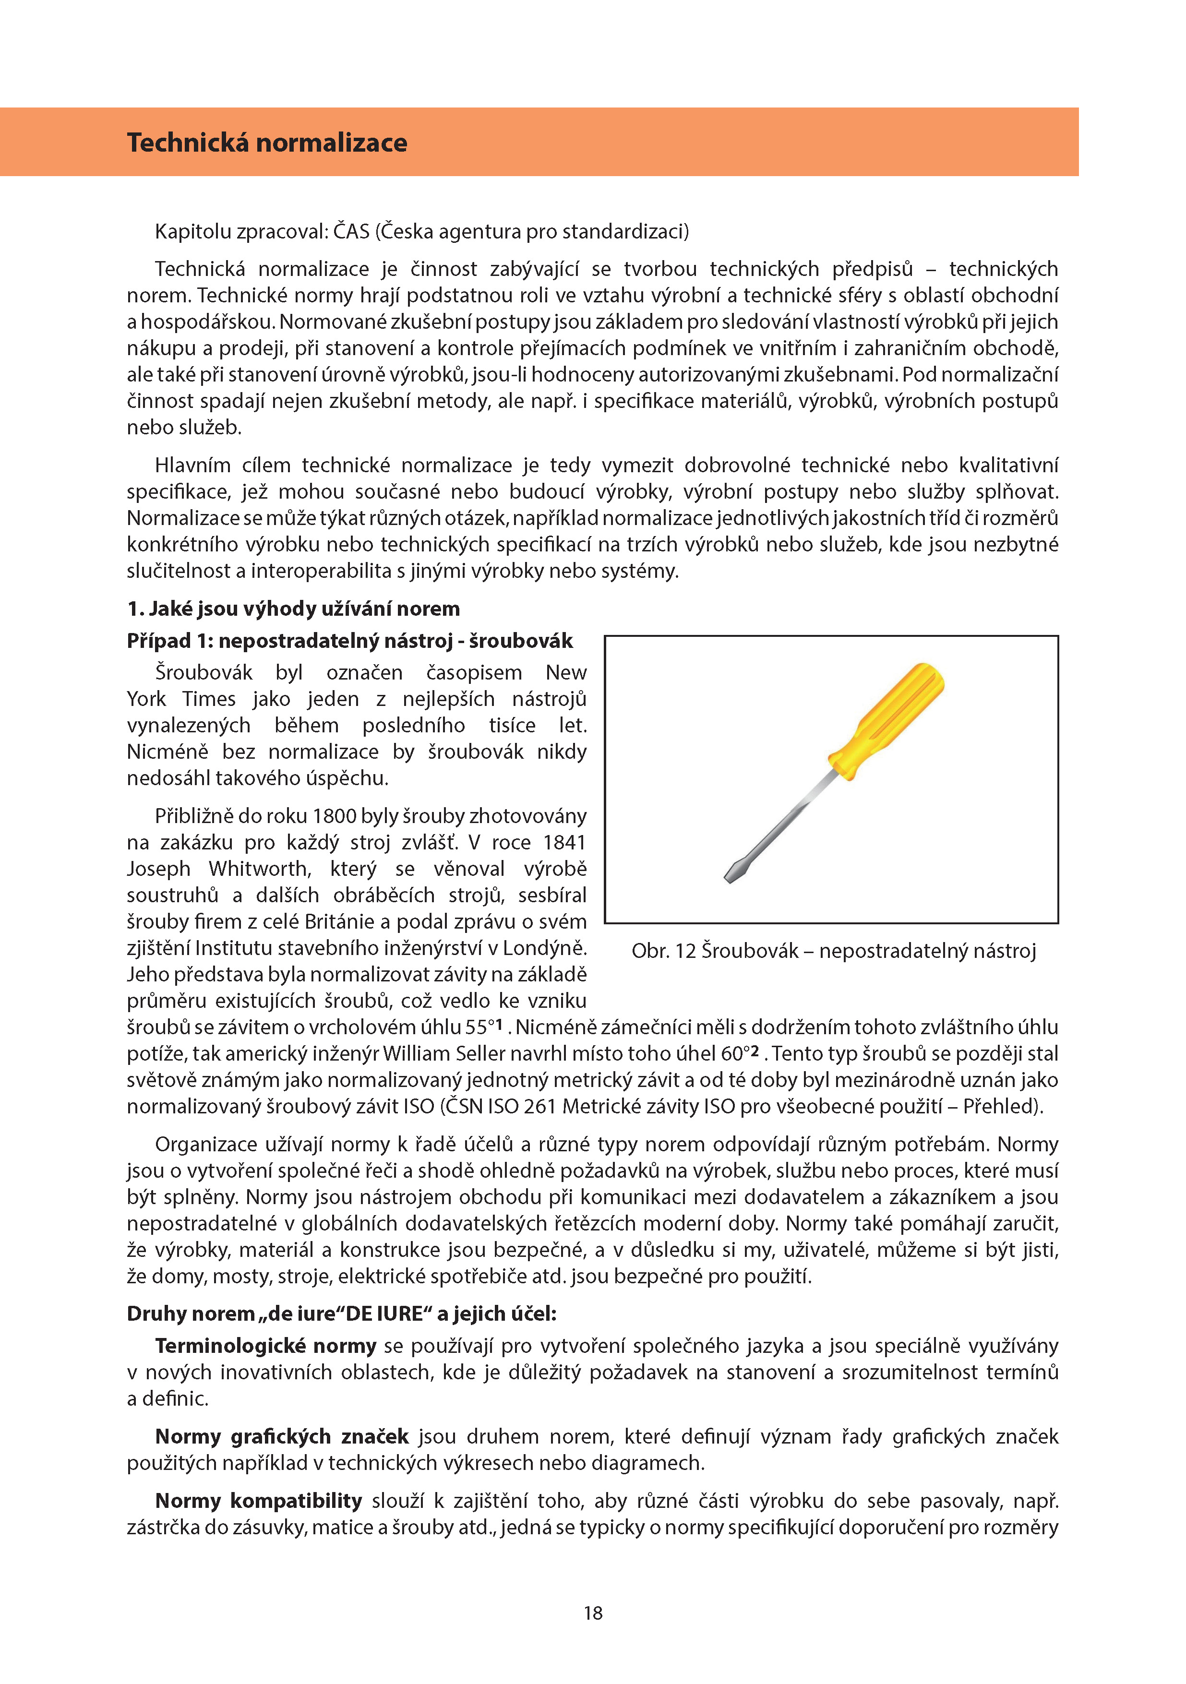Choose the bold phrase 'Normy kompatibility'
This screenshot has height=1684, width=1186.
click(259, 1501)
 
